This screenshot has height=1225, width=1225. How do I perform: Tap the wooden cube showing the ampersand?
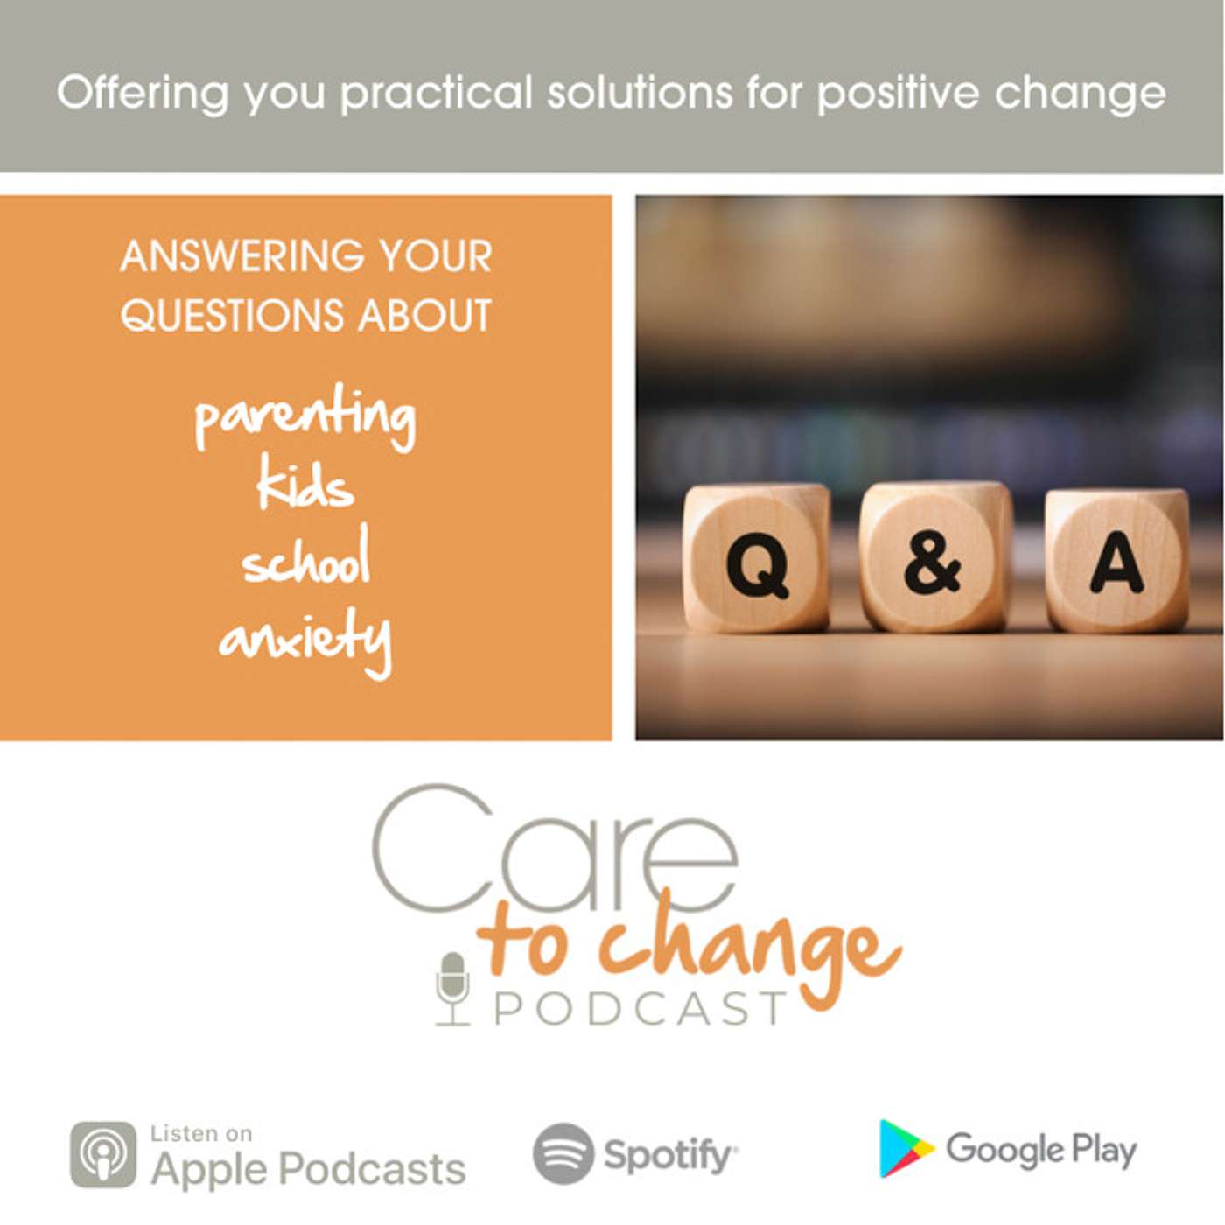click(935, 556)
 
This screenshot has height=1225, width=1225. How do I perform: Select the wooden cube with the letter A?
click(1116, 560)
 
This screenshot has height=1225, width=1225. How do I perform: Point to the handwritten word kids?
click(305, 487)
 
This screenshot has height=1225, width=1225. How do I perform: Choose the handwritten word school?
click(305, 556)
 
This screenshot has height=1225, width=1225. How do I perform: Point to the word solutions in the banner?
click(640, 92)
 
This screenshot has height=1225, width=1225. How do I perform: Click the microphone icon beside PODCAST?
click(452, 988)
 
